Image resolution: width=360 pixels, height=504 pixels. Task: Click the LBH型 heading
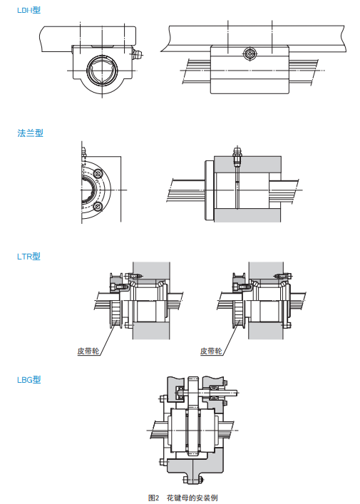pos(29,10)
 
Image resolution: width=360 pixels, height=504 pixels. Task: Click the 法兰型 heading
pos(30,133)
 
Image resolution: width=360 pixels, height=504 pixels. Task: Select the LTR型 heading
pos(29,257)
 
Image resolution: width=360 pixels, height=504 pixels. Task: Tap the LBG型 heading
pos(29,380)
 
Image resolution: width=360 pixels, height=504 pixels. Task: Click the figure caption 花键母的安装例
pos(192,498)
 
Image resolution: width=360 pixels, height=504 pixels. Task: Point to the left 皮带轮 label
pos(88,351)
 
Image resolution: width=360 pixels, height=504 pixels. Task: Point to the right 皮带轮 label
pos(211,351)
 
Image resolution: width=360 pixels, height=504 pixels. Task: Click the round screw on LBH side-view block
pos(250,54)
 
